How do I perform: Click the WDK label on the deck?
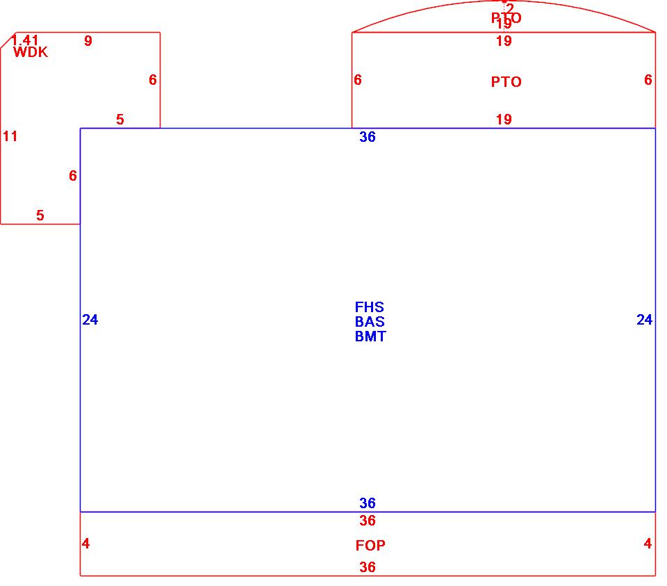click(31, 52)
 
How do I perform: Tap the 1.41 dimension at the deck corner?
click(25, 40)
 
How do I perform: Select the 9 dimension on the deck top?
click(88, 41)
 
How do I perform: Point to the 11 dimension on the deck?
click(10, 136)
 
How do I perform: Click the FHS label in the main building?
click(369, 307)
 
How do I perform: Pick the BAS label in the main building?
click(370, 322)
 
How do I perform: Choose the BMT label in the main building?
click(370, 336)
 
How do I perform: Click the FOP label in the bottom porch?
click(370, 546)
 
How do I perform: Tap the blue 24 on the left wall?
click(90, 320)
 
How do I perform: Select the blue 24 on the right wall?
click(644, 320)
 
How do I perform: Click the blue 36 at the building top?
click(368, 137)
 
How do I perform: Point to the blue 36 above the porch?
click(368, 503)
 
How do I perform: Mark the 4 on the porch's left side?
click(85, 544)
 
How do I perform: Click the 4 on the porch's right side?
click(648, 544)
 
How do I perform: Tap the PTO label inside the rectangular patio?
click(506, 82)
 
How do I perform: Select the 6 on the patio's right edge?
click(648, 80)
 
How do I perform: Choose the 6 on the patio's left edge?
click(358, 80)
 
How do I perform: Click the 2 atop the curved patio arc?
click(510, 8)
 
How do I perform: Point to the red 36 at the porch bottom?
click(368, 567)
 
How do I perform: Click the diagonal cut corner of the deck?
click(6, 40)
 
